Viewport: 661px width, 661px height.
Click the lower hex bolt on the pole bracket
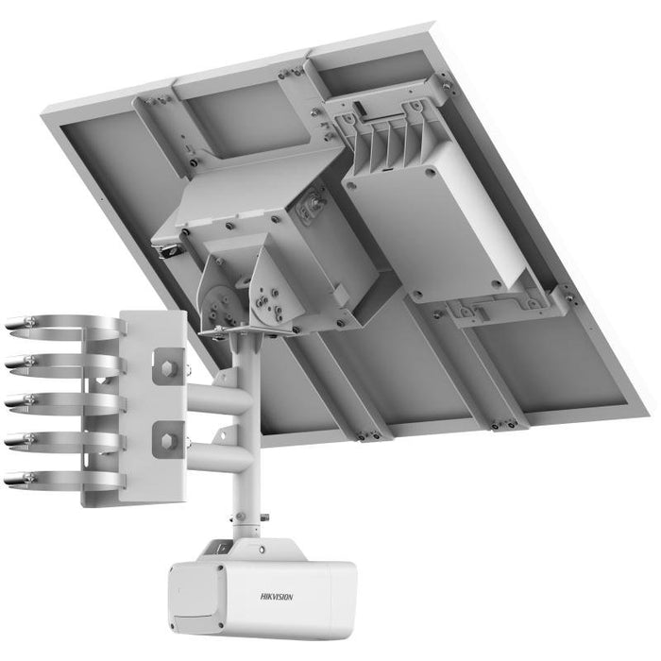[167, 434]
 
